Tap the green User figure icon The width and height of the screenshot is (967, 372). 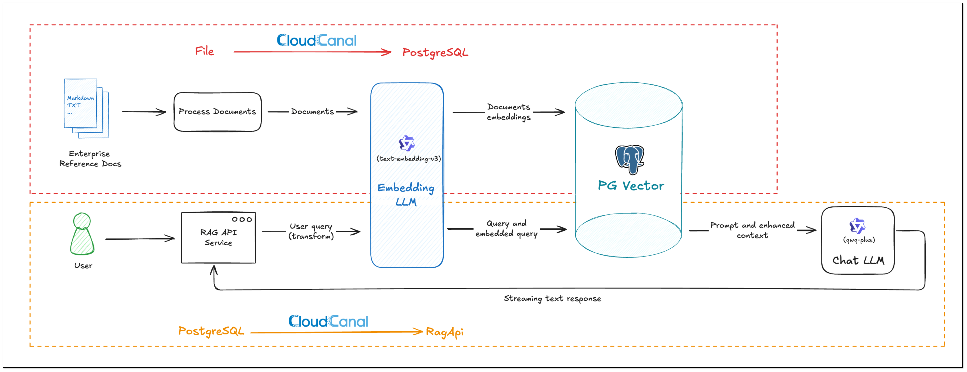82,234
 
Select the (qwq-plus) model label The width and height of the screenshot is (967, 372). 858,240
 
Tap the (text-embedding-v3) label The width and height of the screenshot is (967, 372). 408,159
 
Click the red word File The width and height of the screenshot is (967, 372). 205,51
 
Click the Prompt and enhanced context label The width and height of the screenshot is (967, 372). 752,230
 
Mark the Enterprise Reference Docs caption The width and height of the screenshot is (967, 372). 90,159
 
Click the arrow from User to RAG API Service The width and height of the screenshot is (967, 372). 140,239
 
